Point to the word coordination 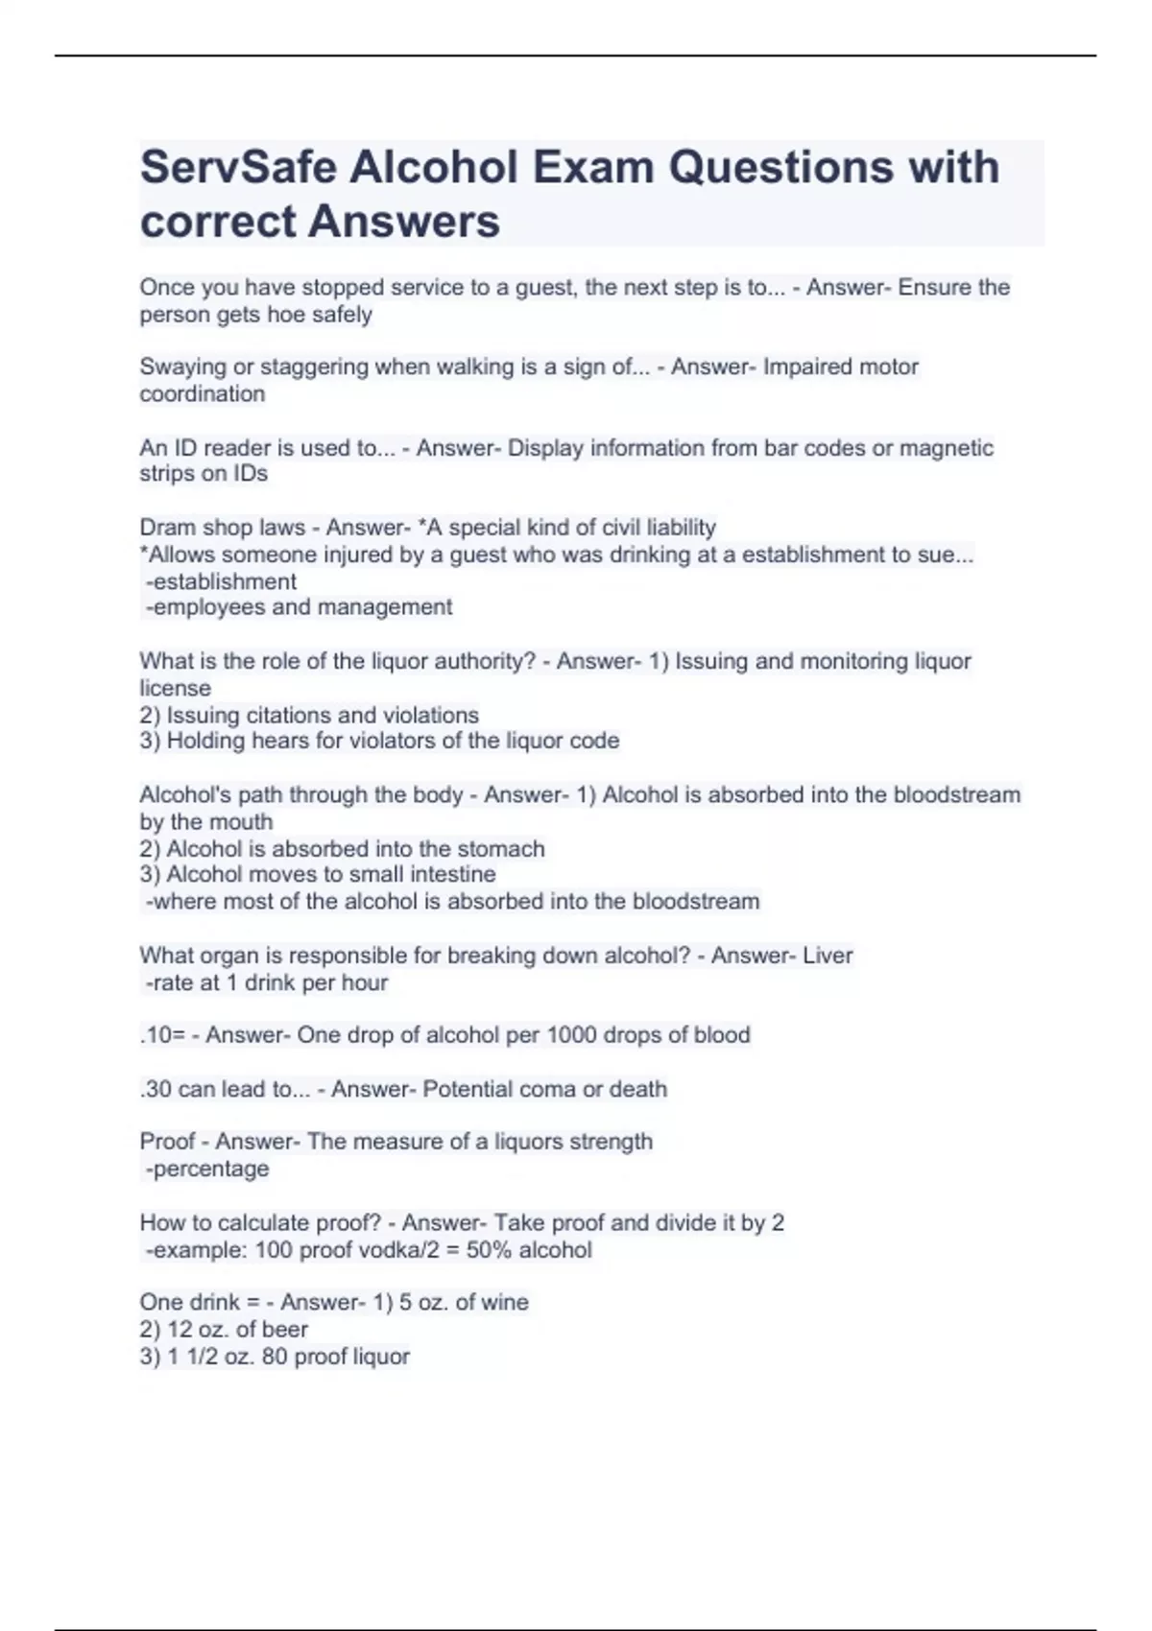tap(202, 394)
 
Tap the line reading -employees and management tap(299, 607)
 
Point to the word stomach tap(500, 849)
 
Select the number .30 tap(156, 1090)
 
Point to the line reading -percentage tap(206, 1170)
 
